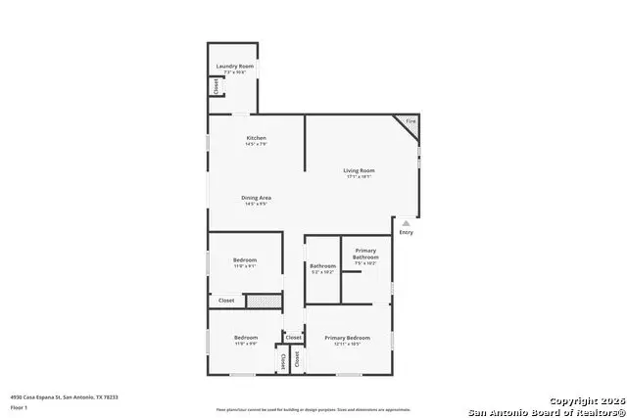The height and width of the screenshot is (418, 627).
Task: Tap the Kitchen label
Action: click(257, 138)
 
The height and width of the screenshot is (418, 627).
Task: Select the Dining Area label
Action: click(257, 198)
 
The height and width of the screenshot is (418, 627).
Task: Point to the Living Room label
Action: click(359, 170)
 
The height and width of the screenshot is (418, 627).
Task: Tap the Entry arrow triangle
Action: click(406, 223)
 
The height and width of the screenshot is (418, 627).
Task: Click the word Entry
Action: click(406, 232)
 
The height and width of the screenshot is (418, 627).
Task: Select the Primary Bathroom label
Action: click(364, 254)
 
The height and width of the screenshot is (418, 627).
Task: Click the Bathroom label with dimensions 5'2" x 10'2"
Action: click(322, 266)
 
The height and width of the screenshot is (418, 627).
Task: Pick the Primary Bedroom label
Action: click(348, 339)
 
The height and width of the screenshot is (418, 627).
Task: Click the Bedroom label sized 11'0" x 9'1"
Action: click(245, 259)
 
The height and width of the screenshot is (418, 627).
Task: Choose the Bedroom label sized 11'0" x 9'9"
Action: click(245, 338)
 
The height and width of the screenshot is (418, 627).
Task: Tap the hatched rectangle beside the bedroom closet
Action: click(263, 301)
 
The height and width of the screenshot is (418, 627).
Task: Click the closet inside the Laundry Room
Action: click(214, 86)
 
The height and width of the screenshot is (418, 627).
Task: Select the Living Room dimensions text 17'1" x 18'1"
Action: click(359, 177)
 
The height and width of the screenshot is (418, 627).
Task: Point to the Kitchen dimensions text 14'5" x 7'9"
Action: click(257, 145)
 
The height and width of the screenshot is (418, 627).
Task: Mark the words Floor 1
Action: click(19, 406)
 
